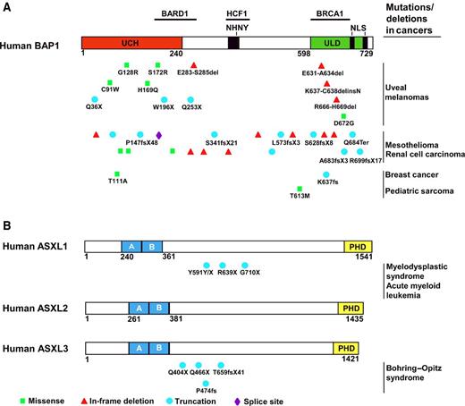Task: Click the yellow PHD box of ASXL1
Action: point(358,247)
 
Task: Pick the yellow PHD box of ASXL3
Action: point(346,348)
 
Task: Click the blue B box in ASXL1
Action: point(153,247)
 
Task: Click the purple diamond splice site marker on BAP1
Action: point(159,134)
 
